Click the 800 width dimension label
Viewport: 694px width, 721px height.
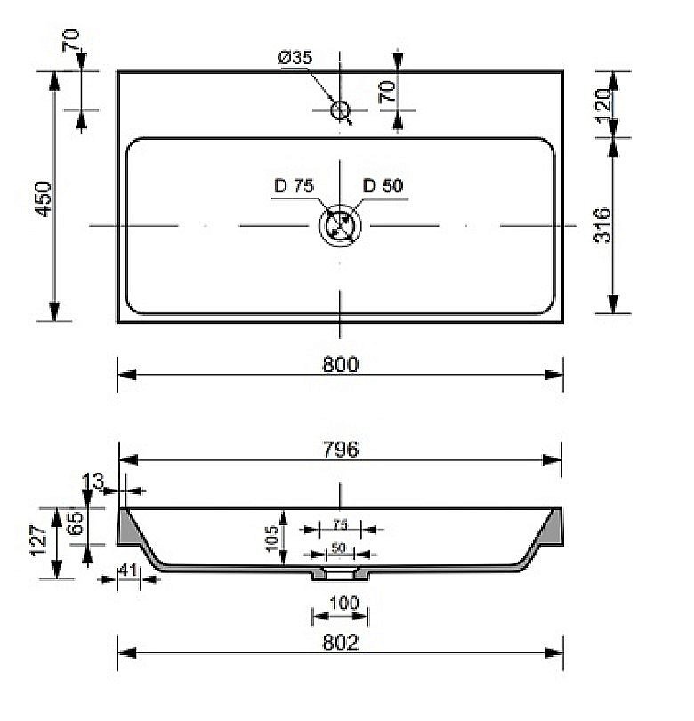tap(340, 365)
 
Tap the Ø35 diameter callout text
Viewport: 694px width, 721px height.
tap(295, 58)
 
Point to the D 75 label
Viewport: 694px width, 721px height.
tap(294, 186)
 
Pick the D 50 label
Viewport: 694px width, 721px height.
tap(383, 186)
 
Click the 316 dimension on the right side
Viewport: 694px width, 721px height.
tap(601, 226)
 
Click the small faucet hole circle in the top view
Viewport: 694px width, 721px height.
tap(340, 110)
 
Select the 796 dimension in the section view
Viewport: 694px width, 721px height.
tap(340, 450)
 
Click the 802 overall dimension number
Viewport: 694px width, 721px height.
tap(340, 643)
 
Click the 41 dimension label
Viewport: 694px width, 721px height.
tap(129, 571)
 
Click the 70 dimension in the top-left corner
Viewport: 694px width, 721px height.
tap(71, 39)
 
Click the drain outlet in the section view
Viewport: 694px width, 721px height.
tap(339, 575)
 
